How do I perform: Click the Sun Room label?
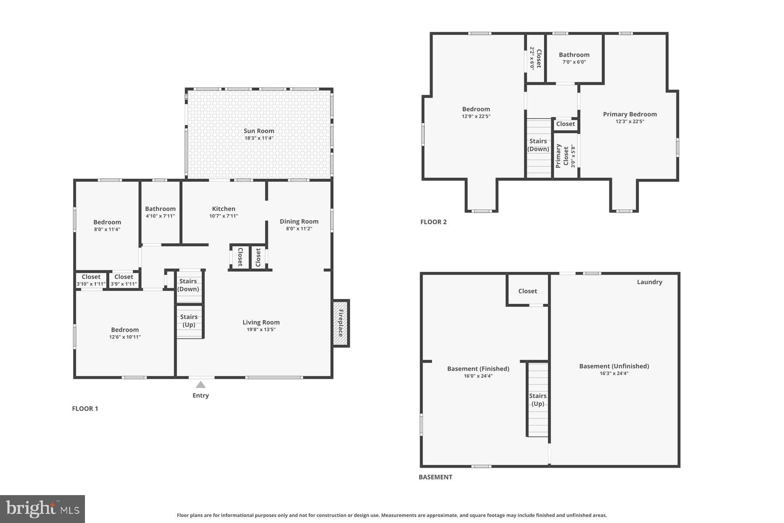coord(259,131)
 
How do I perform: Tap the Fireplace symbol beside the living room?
coord(341,323)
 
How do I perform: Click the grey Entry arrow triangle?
coord(200,385)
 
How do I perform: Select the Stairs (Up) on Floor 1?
coord(189,321)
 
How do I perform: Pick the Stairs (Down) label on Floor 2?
coord(538,145)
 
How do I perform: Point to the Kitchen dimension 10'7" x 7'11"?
coord(223,216)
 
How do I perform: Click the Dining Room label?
coord(299,221)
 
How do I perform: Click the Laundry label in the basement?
coord(649,282)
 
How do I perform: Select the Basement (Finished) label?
coord(478,369)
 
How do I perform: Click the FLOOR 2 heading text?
coord(433,222)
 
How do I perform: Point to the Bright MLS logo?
coord(42,509)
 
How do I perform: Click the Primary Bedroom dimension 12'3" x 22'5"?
coord(630,122)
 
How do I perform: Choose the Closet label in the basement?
coord(527,291)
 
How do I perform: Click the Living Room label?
coord(261,323)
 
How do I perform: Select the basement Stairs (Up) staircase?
coord(538,399)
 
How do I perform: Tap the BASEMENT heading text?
coord(435,477)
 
